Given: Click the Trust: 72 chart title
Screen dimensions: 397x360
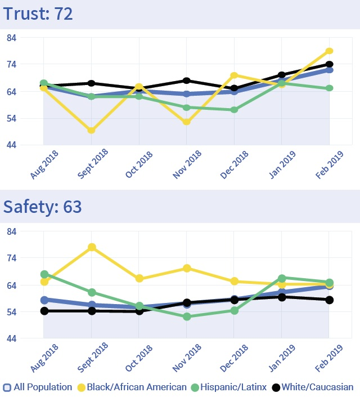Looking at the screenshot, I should (38, 14).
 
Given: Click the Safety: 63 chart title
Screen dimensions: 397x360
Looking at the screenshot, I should (43, 207).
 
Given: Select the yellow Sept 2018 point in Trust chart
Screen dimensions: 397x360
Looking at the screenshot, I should (91, 130).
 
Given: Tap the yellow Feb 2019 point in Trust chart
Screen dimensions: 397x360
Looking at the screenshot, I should (330, 51).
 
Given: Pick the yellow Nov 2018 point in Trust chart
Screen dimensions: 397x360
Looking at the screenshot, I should (187, 122).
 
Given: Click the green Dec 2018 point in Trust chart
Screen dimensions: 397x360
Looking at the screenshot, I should (235, 110).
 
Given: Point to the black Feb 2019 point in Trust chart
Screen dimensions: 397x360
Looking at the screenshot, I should (330, 65).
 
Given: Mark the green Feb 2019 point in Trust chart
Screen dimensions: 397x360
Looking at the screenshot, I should (330, 88).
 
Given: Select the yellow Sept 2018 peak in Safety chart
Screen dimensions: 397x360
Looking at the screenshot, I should (91, 247).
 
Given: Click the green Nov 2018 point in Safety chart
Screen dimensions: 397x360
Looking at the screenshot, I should (187, 316).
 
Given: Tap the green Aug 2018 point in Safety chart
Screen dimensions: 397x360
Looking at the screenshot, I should (44, 274).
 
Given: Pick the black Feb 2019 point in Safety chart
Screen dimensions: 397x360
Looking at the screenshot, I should (330, 300).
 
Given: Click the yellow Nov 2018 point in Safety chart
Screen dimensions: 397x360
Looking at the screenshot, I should (187, 268).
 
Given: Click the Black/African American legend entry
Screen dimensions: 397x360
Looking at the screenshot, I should (132, 387).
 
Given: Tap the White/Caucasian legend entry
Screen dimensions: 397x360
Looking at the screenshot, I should (313, 387).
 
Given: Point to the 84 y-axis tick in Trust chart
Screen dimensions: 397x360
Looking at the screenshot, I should (11, 38).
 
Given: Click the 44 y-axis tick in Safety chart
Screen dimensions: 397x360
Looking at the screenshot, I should (11, 339).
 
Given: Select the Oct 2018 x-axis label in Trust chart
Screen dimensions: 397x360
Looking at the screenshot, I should (138, 165).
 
